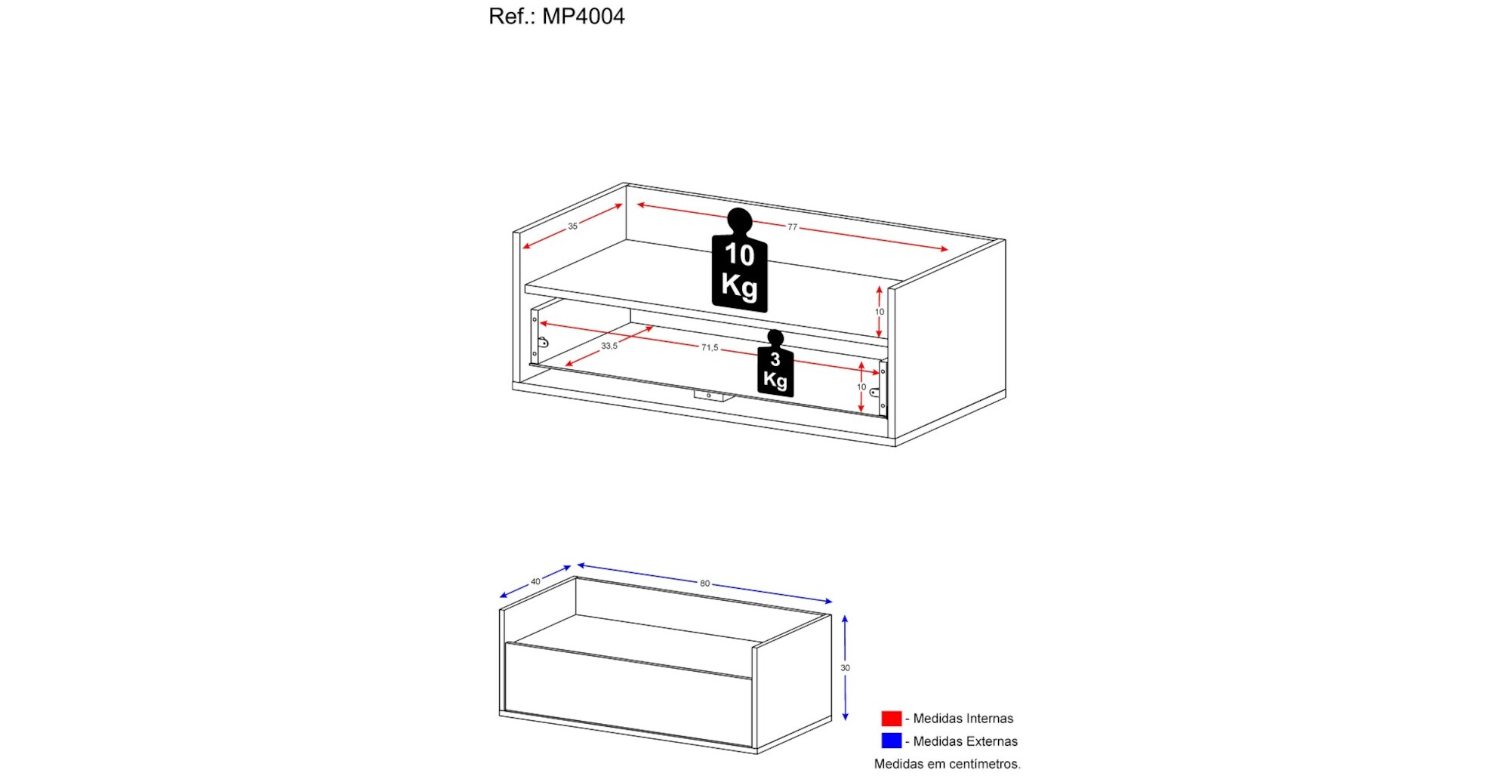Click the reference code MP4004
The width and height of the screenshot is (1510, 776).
(584, 16)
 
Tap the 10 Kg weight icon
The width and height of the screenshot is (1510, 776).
(739, 260)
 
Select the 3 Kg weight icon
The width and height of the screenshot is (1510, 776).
(775, 363)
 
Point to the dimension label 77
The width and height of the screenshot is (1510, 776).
(792, 226)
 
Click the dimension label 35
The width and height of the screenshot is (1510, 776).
(573, 226)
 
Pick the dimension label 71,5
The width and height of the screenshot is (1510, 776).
(710, 347)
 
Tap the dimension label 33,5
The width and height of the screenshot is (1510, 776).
(609, 346)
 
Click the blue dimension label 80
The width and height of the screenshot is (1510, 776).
(704, 584)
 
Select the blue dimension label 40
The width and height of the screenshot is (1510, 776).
(535, 581)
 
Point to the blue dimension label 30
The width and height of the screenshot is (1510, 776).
(845, 667)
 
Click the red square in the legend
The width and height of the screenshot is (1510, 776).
(892, 718)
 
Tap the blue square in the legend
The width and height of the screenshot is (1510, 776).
(892, 741)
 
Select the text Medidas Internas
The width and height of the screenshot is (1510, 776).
(963, 719)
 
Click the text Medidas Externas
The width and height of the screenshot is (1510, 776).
(966, 741)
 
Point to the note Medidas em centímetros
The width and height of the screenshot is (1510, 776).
(948, 764)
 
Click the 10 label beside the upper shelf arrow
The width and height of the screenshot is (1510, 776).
(880, 312)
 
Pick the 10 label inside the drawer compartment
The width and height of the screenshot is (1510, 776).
(861, 386)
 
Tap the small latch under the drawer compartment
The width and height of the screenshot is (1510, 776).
(710, 396)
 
